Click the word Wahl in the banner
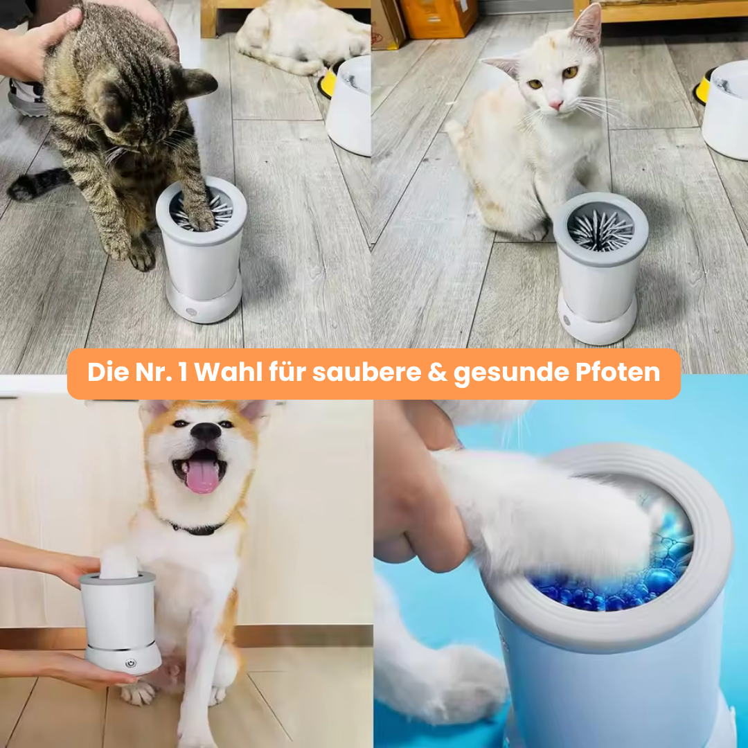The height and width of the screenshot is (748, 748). [229, 373]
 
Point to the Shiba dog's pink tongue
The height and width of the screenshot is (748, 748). [203, 476]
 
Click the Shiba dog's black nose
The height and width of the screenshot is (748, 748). [206, 431]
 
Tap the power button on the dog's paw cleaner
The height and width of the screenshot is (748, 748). [130, 664]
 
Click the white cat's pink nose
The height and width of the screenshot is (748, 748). [555, 105]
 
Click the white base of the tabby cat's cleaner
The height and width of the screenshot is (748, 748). [204, 300]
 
